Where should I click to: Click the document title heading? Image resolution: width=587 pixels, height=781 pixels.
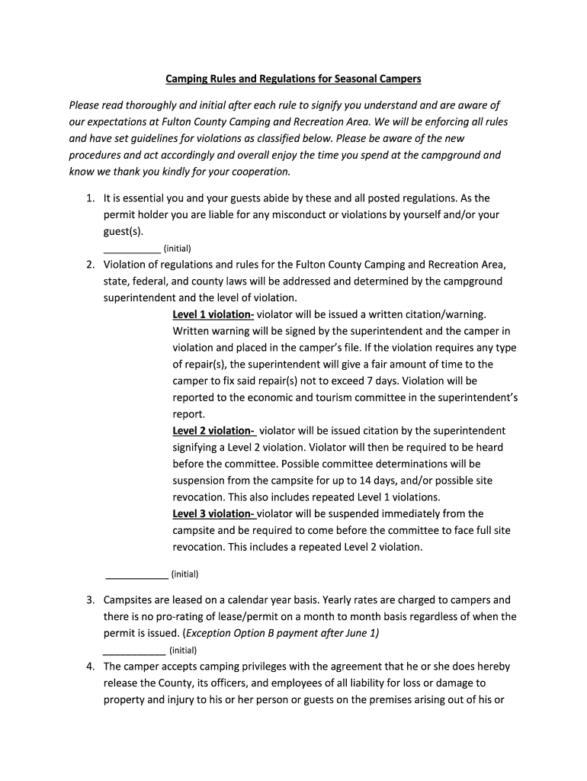pyautogui.click(x=293, y=79)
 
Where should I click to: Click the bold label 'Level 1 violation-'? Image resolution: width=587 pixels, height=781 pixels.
pyautogui.click(x=213, y=314)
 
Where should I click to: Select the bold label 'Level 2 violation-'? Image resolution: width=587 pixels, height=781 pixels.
pyautogui.click(x=213, y=431)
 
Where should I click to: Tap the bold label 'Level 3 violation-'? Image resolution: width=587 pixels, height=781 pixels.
pyautogui.click(x=213, y=513)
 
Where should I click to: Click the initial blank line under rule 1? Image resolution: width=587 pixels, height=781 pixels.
pyautogui.click(x=131, y=249)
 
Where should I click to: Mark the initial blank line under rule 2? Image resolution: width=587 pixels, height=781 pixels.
pyautogui.click(x=136, y=574)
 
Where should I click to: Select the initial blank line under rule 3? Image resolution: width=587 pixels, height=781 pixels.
pyautogui.click(x=133, y=651)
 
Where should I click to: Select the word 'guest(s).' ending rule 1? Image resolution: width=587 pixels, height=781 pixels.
pyautogui.click(x=123, y=231)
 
